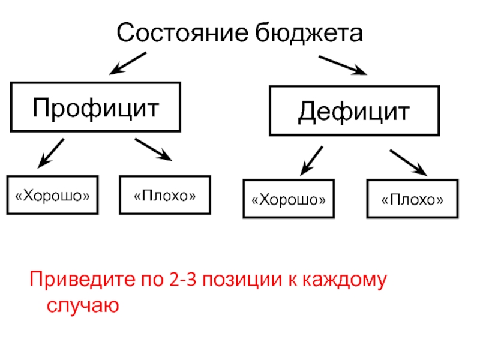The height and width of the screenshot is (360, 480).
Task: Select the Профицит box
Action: [96, 107]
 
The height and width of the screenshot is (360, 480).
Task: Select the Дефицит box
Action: [355, 111]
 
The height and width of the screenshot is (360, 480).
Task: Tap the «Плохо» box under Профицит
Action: [165, 195]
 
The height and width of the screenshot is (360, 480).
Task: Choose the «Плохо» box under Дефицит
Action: [412, 199]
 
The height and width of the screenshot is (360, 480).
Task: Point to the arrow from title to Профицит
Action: [128, 63]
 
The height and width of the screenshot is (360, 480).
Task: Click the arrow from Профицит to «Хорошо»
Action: [51, 152]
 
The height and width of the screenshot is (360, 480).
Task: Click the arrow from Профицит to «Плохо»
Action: [154, 149]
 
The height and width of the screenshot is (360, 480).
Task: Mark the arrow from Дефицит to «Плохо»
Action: [409, 163]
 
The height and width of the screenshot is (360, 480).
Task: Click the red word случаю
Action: [83, 305]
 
